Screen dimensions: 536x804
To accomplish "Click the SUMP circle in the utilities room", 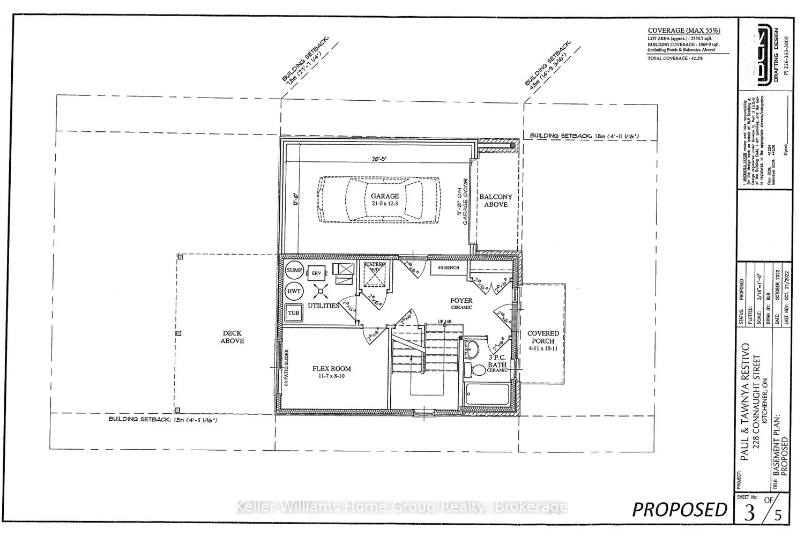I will coord(294,270).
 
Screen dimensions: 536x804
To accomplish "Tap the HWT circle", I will coord(294,292).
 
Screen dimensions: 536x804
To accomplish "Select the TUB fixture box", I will coord(294,313).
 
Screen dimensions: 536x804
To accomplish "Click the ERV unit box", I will coord(316,273).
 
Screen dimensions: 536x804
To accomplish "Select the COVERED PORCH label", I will coord(543,337).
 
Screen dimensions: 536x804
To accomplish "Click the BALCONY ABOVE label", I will coord(496,200).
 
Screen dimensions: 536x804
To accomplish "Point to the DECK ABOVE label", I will coord(233,337).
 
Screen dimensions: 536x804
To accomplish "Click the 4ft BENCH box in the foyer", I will coord(449,267).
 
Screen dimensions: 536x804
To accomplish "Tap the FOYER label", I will coord(461,301).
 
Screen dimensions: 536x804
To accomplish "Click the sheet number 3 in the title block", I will coord(750,512).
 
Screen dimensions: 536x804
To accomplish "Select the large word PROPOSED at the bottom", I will coord(679,509).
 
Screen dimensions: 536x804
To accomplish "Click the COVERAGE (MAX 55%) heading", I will coord(684,31).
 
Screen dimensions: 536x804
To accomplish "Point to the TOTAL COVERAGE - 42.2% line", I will coord(675,58).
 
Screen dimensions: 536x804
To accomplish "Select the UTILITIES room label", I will coord(323,306).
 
